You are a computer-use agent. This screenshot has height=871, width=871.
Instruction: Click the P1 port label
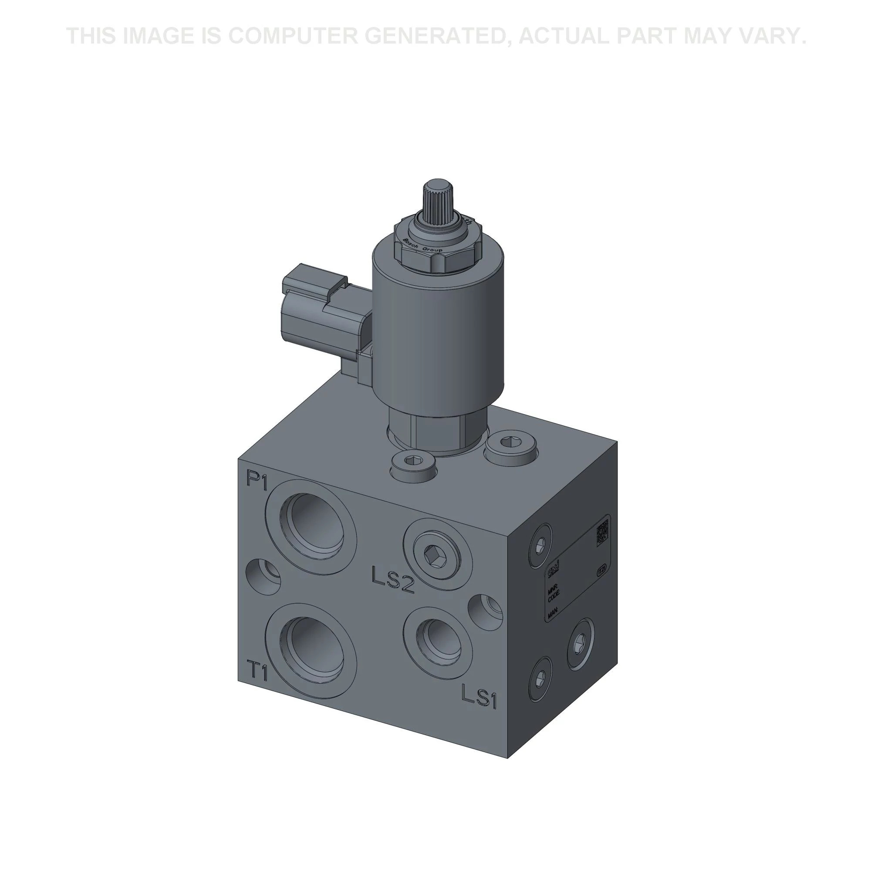257,481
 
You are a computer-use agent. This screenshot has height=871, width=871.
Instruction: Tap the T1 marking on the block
257,671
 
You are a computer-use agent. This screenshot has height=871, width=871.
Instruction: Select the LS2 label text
393,580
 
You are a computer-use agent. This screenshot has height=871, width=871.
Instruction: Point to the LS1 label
478,697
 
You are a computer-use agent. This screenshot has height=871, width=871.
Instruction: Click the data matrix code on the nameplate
603,533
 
